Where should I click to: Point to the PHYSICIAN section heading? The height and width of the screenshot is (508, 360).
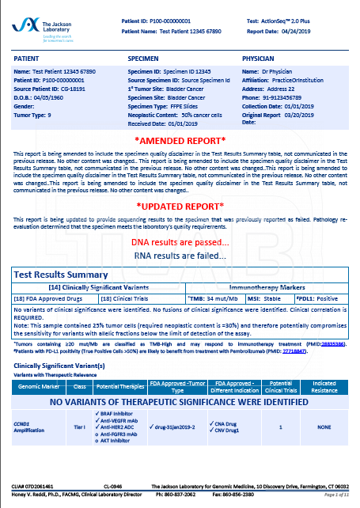(x=261, y=59)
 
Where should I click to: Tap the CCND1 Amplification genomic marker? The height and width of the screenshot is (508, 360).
(x=33, y=426)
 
